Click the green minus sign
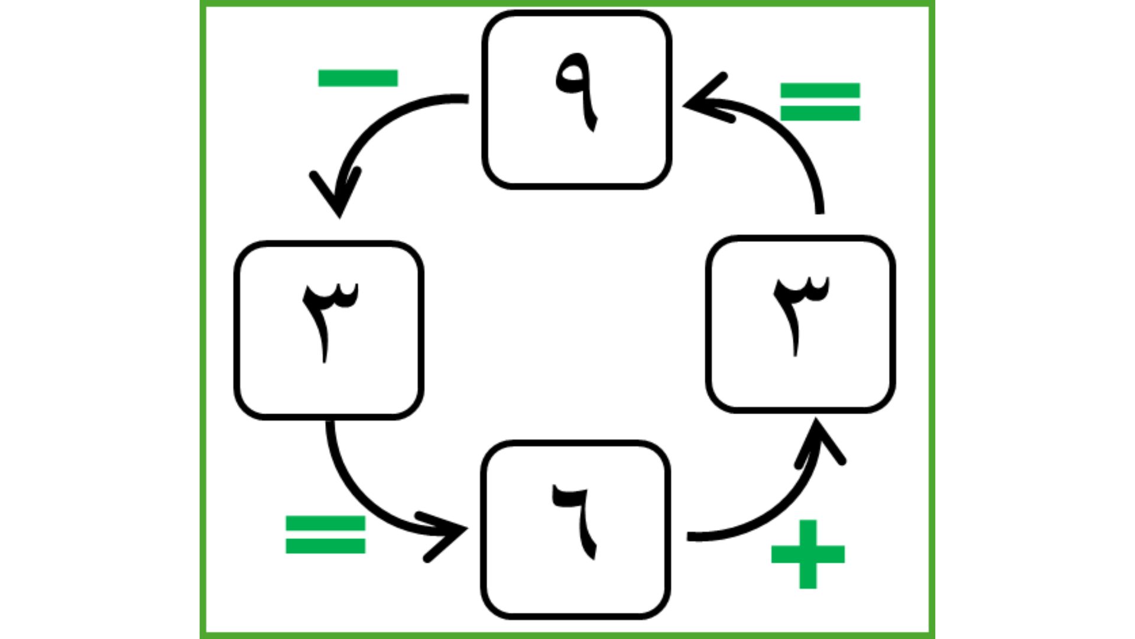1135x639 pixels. (x=358, y=78)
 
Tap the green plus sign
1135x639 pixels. (x=808, y=554)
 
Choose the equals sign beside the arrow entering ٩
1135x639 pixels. (x=820, y=102)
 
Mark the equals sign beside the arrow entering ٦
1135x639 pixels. (x=325, y=535)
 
